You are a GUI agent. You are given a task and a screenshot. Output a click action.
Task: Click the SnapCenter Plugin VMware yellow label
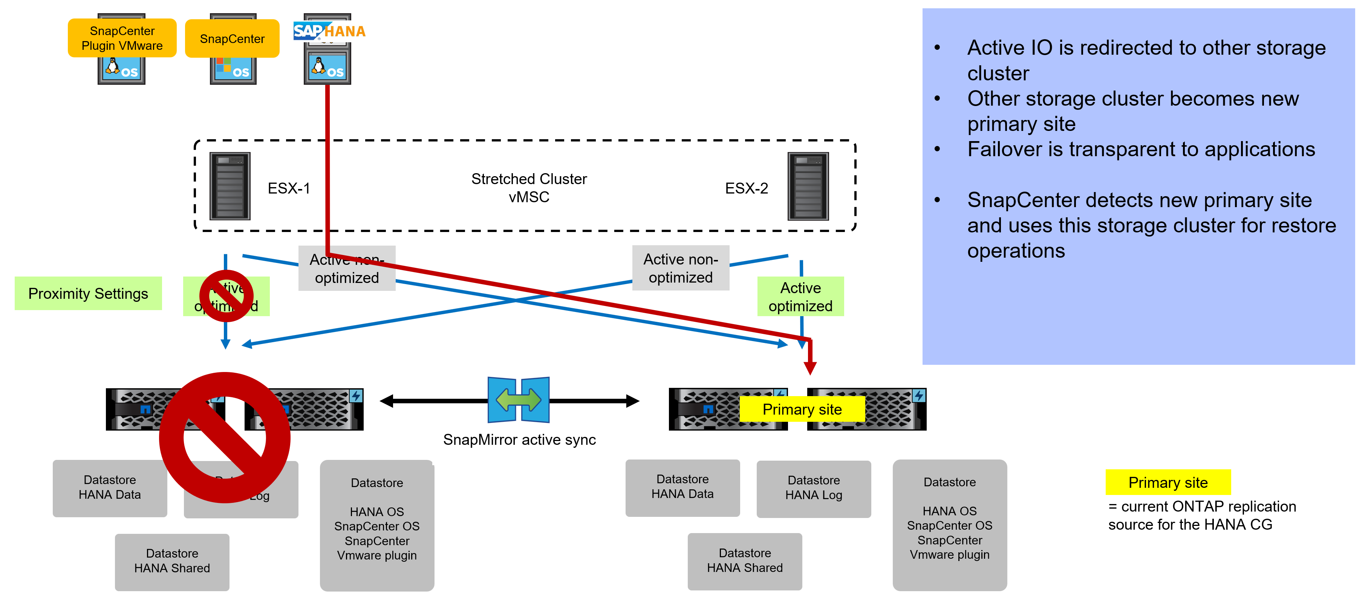click(x=122, y=38)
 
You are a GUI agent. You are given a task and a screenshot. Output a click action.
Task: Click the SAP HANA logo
click(x=329, y=31)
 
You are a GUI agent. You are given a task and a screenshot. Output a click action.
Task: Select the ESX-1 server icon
click(x=230, y=186)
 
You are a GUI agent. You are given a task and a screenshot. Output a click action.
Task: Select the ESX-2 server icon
click(x=808, y=186)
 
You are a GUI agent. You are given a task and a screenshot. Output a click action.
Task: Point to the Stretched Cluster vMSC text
click(x=528, y=188)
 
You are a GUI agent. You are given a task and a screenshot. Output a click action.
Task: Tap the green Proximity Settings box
click(x=88, y=294)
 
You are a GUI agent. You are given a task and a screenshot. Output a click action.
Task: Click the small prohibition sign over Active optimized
click(x=226, y=296)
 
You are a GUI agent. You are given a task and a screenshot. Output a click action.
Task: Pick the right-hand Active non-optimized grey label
click(x=680, y=268)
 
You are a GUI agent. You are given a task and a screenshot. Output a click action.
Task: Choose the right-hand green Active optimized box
click(x=800, y=297)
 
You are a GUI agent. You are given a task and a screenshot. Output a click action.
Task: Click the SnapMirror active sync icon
click(x=519, y=400)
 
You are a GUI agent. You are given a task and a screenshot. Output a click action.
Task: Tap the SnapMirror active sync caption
click(x=519, y=440)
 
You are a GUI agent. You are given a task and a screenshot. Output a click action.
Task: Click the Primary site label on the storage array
click(x=802, y=409)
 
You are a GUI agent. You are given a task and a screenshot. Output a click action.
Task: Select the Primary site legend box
click(x=1168, y=482)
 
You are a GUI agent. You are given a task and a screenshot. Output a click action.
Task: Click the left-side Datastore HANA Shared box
click(x=172, y=561)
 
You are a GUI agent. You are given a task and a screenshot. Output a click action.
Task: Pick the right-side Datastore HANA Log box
click(x=813, y=488)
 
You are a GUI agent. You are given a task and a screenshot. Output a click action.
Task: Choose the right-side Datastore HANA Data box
click(x=682, y=487)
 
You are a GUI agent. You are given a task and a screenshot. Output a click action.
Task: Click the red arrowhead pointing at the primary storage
click(x=810, y=367)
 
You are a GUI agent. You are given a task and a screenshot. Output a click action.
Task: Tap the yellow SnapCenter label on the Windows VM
click(x=232, y=39)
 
